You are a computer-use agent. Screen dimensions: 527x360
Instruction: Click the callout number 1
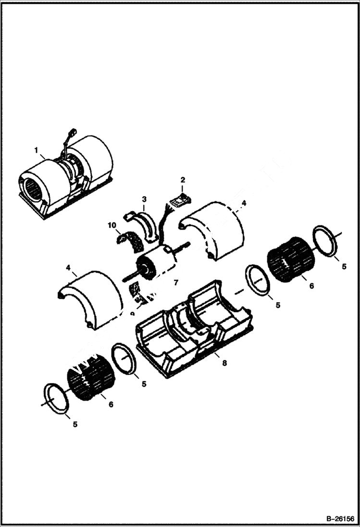coord(36,150)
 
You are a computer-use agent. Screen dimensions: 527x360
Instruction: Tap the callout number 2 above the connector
coord(183,180)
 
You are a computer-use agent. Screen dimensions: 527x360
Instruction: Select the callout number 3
coord(144,199)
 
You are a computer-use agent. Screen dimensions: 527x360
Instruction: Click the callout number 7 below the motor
coord(176,283)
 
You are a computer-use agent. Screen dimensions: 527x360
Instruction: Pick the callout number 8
coord(224,363)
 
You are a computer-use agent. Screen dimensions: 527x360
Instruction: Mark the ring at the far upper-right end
coord(325,242)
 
